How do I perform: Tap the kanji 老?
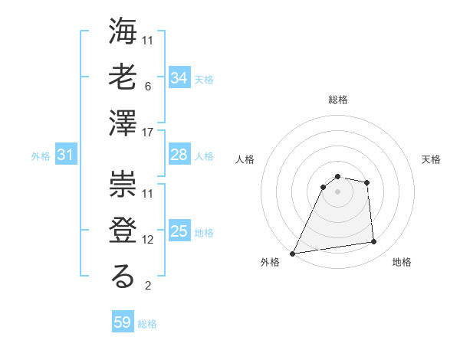[x=123, y=78]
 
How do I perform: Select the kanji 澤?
[x=123, y=123]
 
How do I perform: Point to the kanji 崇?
[x=123, y=184]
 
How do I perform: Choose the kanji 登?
[x=123, y=230]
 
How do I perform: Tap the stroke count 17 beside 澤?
[x=149, y=133]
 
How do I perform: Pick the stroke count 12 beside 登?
[x=149, y=240]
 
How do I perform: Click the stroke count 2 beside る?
[x=147, y=286]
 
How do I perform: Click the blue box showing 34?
[x=179, y=78]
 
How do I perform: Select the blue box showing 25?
[x=179, y=231]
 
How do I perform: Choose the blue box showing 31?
[x=66, y=155]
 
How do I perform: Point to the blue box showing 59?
[x=123, y=322]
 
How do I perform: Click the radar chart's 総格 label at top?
[x=338, y=100]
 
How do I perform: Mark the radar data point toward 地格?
[x=374, y=242]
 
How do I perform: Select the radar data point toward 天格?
[x=367, y=182]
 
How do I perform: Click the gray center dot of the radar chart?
[x=338, y=191]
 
